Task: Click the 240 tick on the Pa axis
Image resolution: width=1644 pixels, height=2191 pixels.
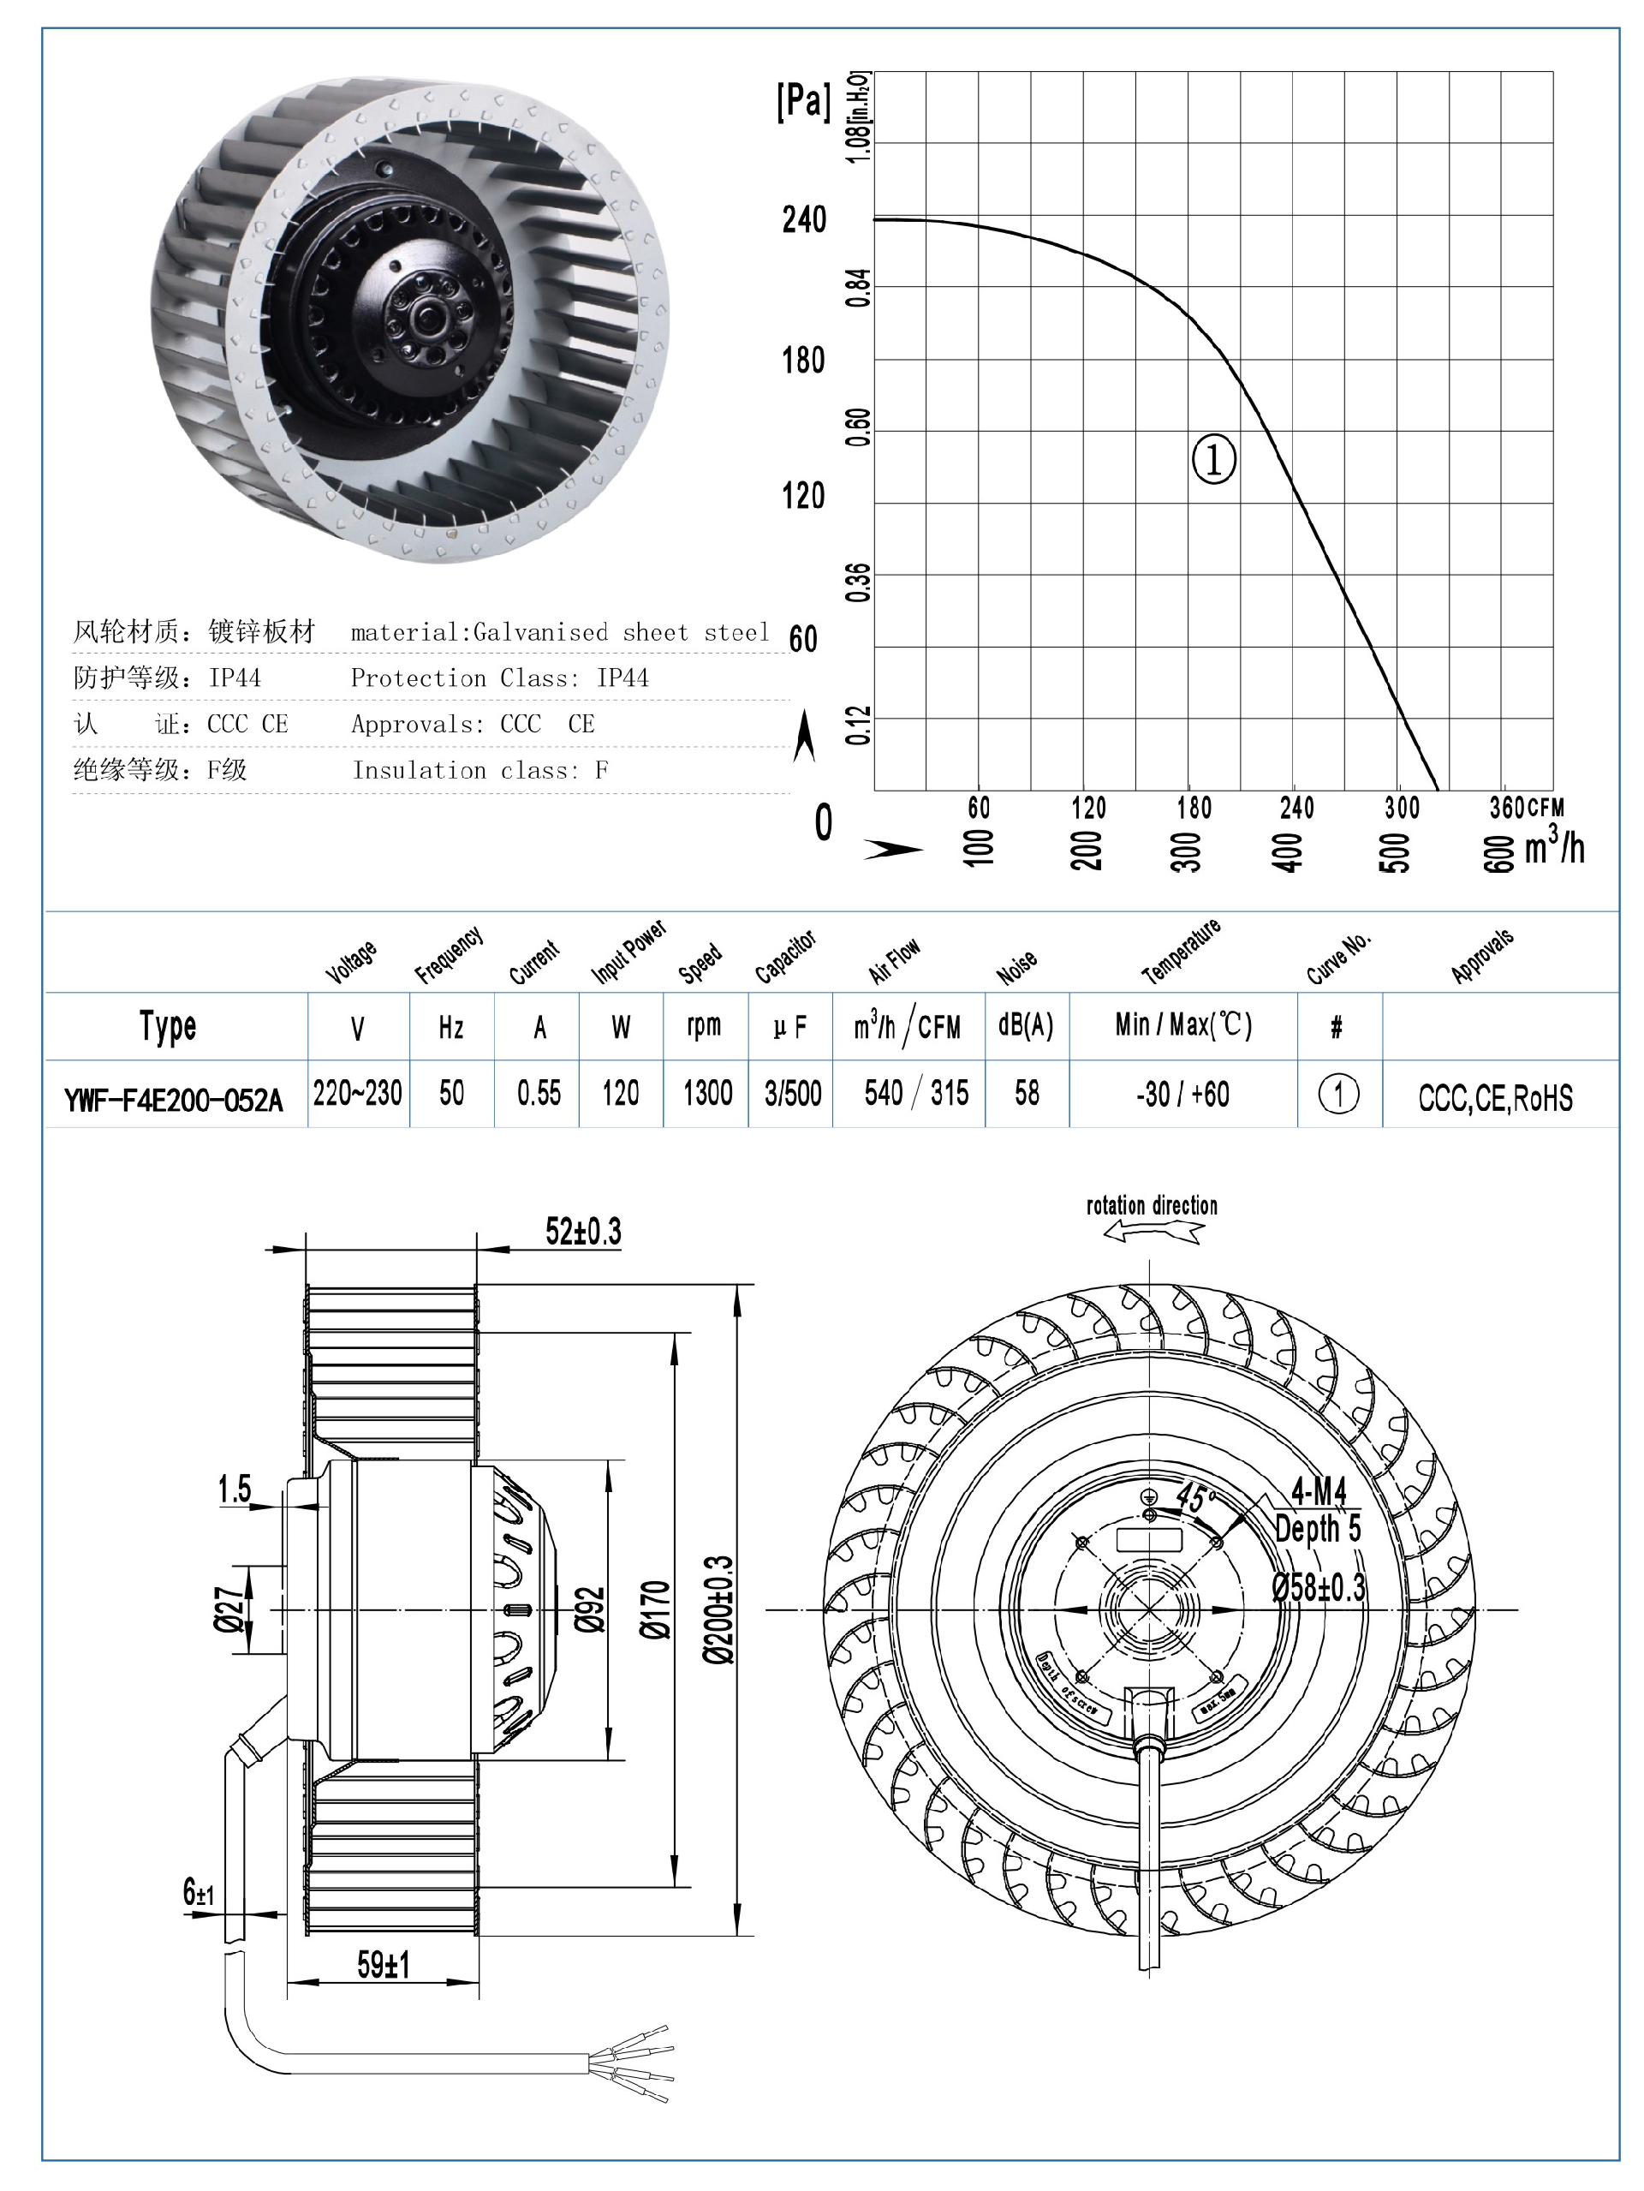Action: click(x=803, y=219)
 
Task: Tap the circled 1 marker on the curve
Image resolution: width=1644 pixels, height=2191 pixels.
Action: click(x=1213, y=458)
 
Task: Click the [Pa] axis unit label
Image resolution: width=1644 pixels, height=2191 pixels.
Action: click(x=803, y=101)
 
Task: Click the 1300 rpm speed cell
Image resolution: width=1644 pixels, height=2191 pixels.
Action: click(x=707, y=1094)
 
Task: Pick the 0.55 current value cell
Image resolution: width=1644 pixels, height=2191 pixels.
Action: click(x=539, y=1094)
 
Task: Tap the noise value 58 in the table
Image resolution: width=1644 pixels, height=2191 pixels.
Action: click(x=1027, y=1094)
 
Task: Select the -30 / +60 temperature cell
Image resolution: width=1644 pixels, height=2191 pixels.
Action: click(x=1182, y=1095)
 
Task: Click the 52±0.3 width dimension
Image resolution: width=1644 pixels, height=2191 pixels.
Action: click(x=583, y=1231)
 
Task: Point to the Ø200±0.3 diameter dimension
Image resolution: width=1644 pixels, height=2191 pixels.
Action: click(x=720, y=1609)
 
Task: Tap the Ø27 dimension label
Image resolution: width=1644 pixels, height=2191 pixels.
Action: click(x=229, y=1609)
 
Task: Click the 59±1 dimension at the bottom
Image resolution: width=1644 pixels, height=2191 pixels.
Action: click(x=384, y=1965)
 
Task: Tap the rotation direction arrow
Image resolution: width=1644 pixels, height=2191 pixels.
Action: click(x=1153, y=1231)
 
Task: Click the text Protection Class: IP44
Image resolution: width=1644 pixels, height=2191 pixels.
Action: click(x=499, y=678)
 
